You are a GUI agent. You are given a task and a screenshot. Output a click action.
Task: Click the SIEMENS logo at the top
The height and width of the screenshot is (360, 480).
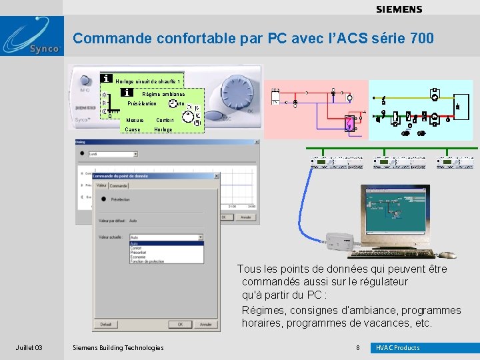[399, 9]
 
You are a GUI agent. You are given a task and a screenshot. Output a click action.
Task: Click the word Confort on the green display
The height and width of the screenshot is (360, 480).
[165, 121]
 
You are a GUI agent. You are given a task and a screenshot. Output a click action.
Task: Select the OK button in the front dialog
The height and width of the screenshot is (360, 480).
[179, 325]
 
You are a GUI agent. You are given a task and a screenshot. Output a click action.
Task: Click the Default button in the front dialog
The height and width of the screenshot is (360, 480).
[106, 325]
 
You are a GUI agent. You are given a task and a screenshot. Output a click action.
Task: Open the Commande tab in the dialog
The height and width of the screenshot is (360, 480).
[119, 185]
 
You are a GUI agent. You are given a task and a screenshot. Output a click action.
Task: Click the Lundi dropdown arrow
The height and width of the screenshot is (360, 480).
[135, 154]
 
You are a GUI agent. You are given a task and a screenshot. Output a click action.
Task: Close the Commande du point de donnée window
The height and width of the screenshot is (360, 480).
[215, 176]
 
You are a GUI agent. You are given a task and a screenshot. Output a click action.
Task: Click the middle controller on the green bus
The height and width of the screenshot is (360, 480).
[389, 162]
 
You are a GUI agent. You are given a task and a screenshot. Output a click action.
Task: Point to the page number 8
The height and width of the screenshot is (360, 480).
[357, 348]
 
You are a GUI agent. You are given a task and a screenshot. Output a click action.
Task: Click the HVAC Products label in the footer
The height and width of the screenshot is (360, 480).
[398, 348]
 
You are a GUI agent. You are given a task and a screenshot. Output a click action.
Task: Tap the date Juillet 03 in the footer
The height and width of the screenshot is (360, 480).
[29, 348]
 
